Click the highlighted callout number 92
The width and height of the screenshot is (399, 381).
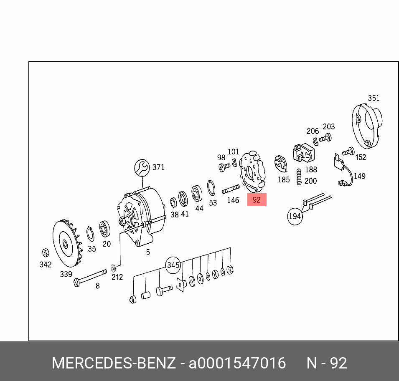coord(257,199)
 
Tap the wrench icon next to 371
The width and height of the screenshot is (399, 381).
coord(142,167)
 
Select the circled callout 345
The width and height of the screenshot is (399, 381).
coord(173,265)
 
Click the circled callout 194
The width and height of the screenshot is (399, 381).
coord(295,216)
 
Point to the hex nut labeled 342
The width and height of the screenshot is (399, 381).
coord(46,253)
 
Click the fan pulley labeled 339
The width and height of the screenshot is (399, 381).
coord(67,243)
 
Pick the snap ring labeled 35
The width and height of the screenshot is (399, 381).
coord(90,234)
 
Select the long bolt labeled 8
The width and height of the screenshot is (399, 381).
coord(90,278)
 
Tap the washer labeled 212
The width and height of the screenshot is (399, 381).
coord(113,268)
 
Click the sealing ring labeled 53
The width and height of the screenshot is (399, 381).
coord(211,188)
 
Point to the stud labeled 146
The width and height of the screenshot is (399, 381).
coord(231,189)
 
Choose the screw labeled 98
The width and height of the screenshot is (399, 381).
coord(224,167)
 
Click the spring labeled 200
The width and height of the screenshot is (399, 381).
coord(299,177)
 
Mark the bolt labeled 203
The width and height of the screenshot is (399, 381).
coord(325,138)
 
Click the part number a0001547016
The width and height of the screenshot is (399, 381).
coord(237,363)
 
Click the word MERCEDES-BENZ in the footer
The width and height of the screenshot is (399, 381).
coord(114,363)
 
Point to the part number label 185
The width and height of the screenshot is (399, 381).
coord(284,180)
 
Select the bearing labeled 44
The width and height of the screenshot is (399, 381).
coord(197,194)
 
